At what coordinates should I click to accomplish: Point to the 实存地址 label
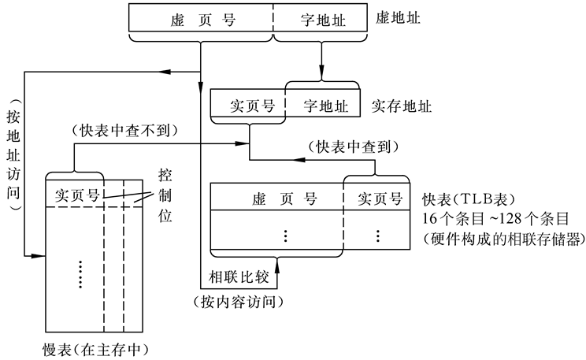[x=401, y=104]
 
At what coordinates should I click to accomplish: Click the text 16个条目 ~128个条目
[x=486, y=217]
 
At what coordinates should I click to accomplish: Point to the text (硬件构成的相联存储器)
[x=503, y=237]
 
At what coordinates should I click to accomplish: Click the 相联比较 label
[x=237, y=276]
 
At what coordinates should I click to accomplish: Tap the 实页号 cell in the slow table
[x=76, y=195]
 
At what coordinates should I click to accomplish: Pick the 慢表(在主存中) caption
[x=96, y=348]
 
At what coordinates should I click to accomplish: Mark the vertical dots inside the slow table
[x=81, y=272]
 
